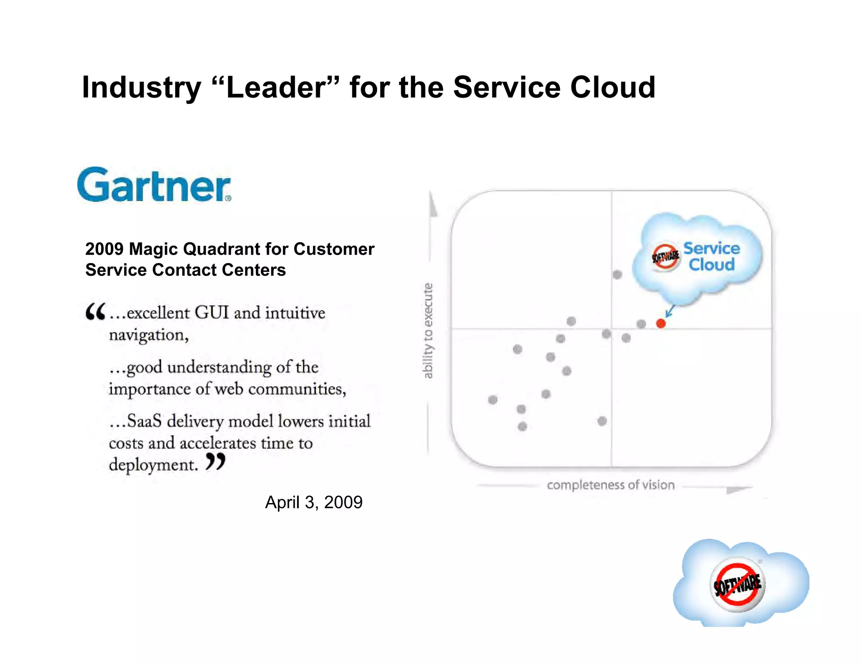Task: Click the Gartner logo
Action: [154, 185]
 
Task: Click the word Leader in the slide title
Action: [276, 88]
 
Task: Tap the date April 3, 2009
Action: [314, 502]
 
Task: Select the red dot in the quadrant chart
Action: [661, 323]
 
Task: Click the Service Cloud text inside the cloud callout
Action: [711, 256]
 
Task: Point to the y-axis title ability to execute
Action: [428, 330]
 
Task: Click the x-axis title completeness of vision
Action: [610, 485]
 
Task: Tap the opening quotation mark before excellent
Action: [95, 312]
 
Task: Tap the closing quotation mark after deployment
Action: [215, 462]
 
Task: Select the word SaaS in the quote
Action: [144, 421]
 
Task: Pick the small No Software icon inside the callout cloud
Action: [665, 256]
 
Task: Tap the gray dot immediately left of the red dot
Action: [641, 324]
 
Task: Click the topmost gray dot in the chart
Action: [617, 275]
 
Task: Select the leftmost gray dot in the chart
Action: [492, 400]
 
